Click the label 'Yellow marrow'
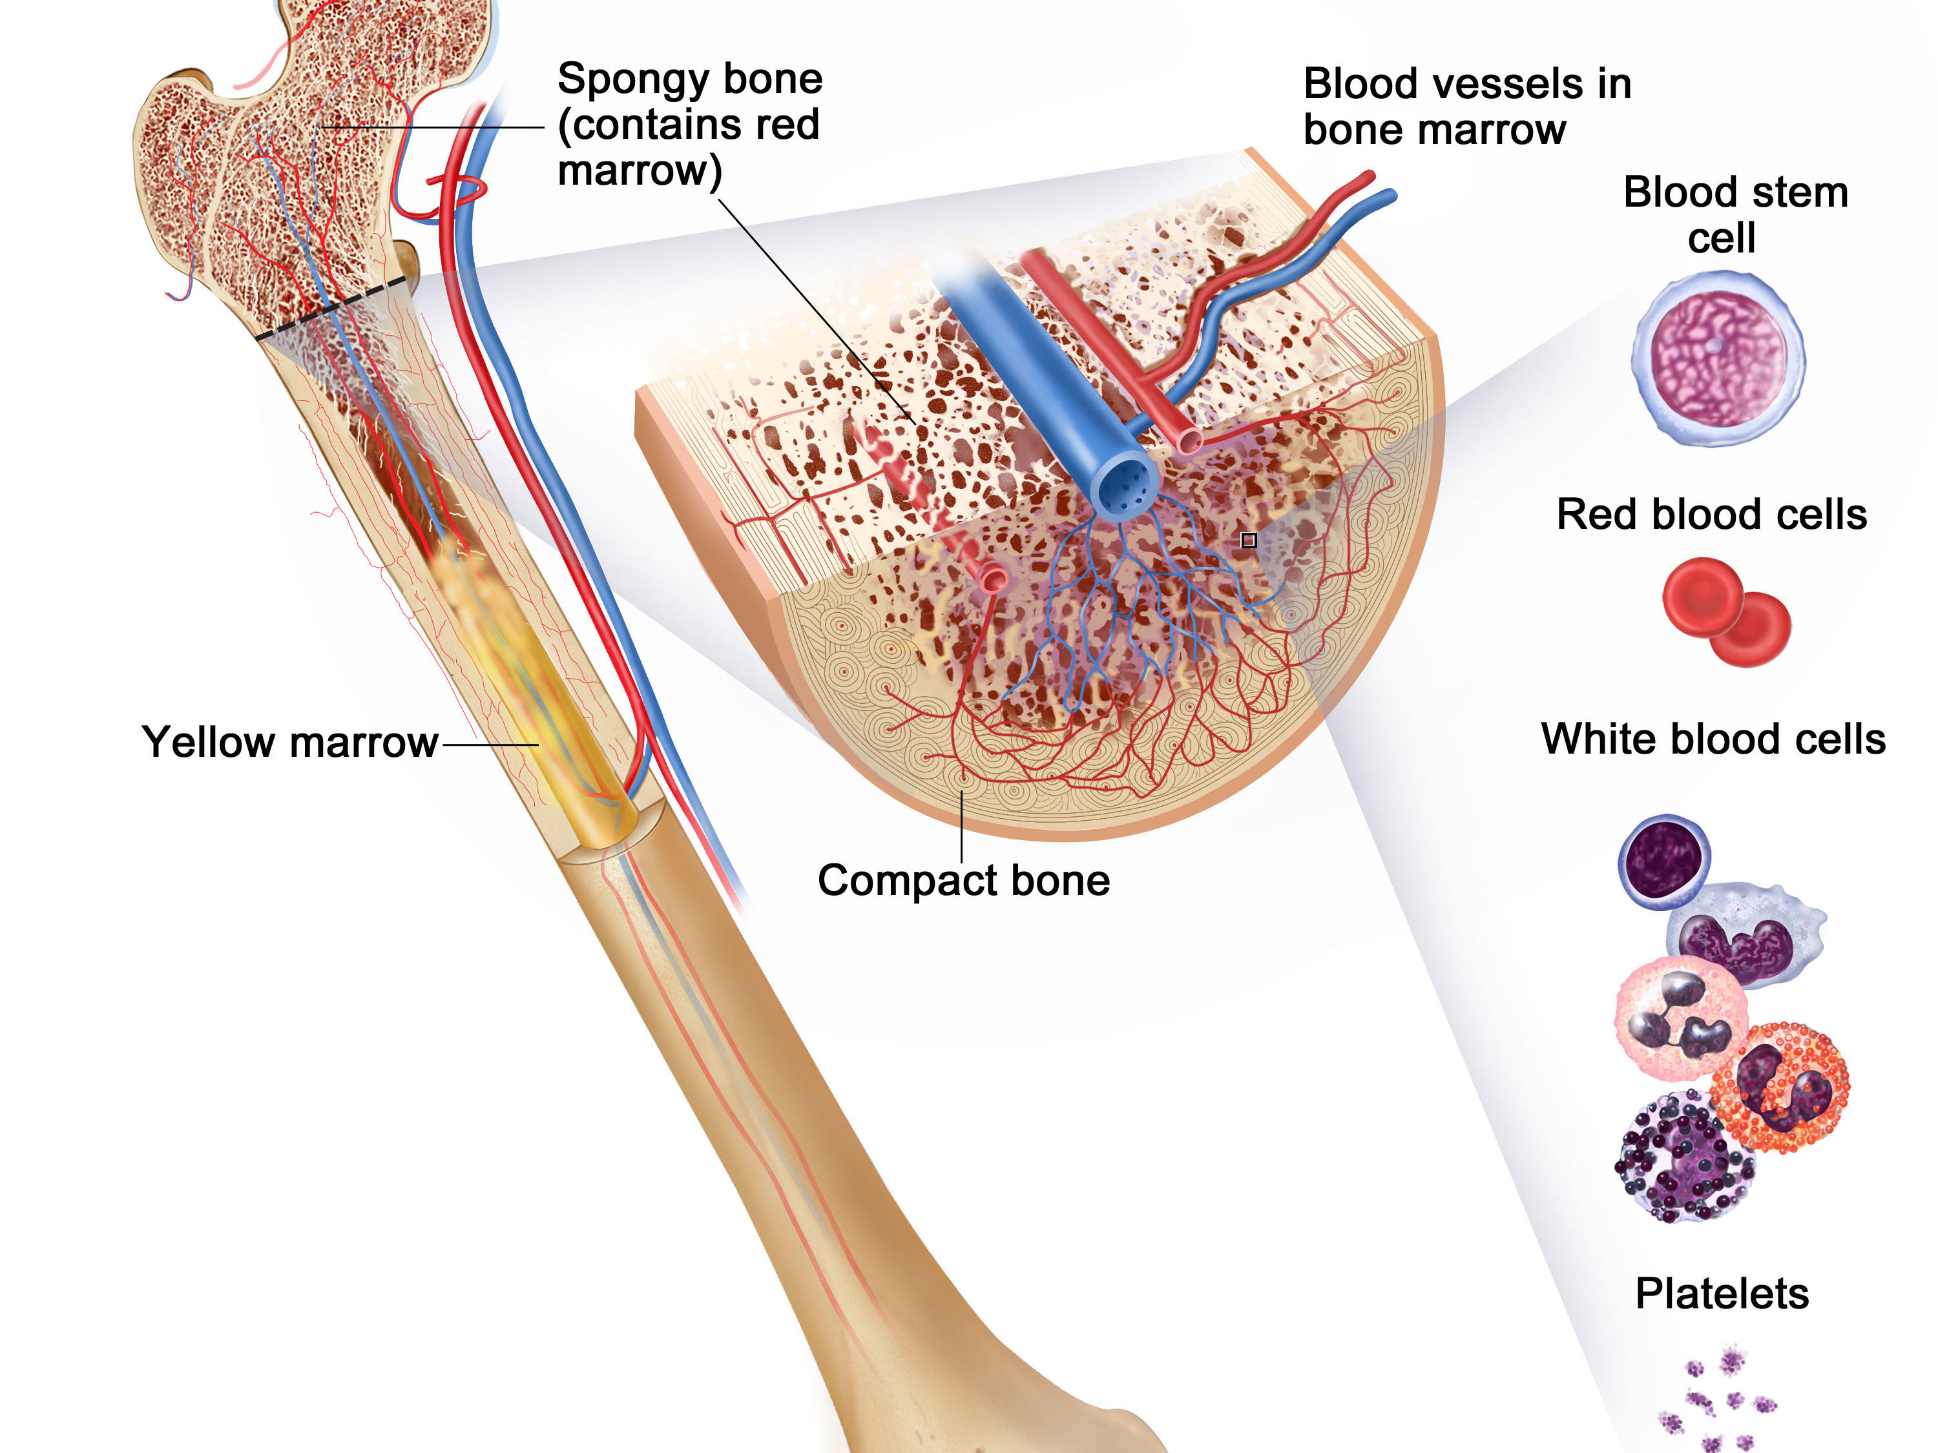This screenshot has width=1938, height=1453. (x=289, y=743)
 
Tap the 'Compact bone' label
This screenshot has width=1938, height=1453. (x=963, y=880)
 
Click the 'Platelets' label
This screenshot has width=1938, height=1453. (x=1722, y=1293)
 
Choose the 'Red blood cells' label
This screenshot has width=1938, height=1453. (x=1711, y=514)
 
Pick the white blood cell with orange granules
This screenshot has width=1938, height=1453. (x=1782, y=1086)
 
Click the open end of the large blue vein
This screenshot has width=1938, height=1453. (x=1125, y=486)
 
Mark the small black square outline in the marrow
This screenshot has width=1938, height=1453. (x=1249, y=541)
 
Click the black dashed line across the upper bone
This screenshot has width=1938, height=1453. (x=331, y=307)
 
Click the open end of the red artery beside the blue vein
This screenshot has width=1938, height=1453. (x=1189, y=438)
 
